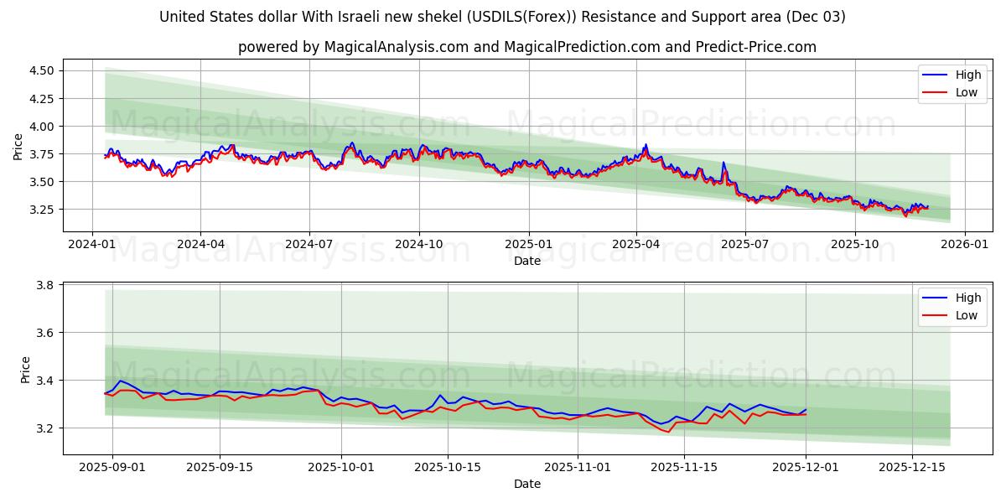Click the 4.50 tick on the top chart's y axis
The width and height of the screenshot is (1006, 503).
tap(40, 70)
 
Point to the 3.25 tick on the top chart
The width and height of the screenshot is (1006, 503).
tap(40, 210)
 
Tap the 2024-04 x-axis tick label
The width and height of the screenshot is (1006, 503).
tap(200, 244)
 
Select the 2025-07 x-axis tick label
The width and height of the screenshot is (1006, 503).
tap(745, 244)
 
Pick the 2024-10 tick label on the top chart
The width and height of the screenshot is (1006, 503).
tap(418, 244)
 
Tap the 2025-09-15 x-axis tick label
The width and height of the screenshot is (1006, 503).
tap(220, 467)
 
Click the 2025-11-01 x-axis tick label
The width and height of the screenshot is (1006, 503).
tap(578, 467)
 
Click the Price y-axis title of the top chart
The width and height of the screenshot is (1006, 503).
tap(18, 147)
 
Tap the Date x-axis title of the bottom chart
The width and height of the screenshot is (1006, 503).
tap(527, 484)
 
